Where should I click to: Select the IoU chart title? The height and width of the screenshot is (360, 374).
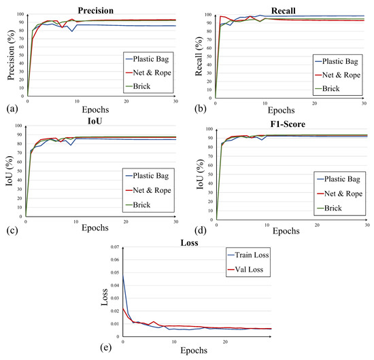tap(95, 122)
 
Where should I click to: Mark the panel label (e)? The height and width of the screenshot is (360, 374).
tap(106, 348)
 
